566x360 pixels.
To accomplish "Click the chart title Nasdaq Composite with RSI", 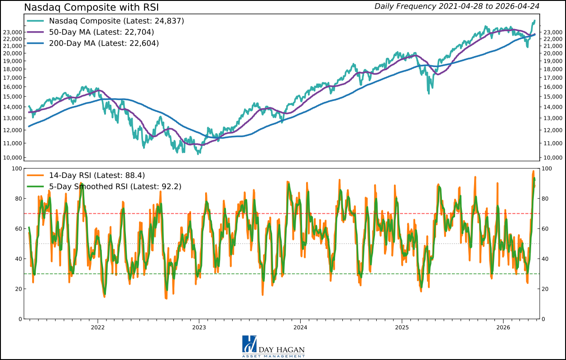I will [x=91, y=7].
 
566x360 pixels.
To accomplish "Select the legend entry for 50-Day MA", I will [x=101, y=32].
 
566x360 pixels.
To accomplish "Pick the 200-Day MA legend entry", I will [x=104, y=43].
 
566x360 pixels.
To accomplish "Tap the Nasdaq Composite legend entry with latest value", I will [x=116, y=21].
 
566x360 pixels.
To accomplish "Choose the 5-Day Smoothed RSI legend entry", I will [x=115, y=186].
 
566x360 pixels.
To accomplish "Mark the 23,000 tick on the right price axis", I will [x=552, y=32].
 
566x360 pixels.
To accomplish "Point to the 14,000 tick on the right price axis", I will [x=552, y=107].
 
